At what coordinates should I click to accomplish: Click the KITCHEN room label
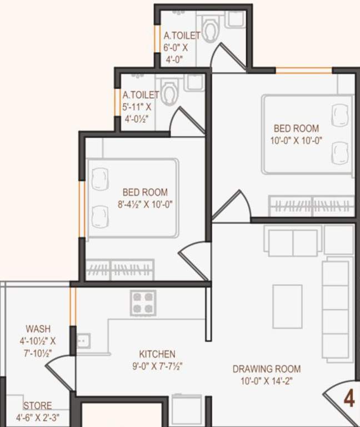[x=157, y=354]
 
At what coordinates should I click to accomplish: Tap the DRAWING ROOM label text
[x=267, y=369]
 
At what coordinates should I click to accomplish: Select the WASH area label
[x=38, y=329]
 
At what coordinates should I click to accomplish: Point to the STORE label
[x=38, y=406]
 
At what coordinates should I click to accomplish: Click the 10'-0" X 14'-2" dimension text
[x=267, y=381]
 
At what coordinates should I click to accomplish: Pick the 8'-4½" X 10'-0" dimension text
[x=146, y=204]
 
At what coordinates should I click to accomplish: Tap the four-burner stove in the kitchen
[x=143, y=303]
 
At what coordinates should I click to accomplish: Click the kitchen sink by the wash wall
[x=83, y=341]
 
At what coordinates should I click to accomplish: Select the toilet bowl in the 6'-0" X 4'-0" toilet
[x=210, y=29]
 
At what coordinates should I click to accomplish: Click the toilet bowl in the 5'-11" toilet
[x=169, y=92]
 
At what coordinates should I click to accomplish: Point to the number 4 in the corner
[x=349, y=399]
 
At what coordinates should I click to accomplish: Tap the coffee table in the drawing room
[x=287, y=306]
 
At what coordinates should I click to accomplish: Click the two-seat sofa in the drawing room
[x=293, y=242]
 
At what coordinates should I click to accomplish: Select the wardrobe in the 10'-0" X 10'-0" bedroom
[x=312, y=206]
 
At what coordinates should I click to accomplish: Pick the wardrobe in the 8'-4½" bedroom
[x=120, y=270]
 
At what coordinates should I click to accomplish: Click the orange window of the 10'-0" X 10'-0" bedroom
[x=304, y=71]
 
